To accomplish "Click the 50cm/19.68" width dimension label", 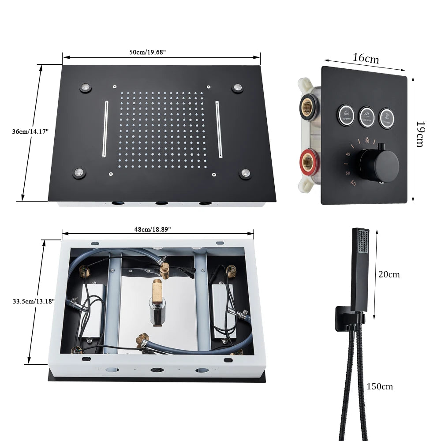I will (147, 52).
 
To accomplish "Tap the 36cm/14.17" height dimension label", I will (30, 131).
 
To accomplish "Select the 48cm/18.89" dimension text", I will (153, 229).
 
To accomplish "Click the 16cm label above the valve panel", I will (366, 58).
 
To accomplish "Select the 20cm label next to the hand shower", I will (389, 274).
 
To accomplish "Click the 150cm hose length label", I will (379, 386).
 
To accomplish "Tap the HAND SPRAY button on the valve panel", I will (366, 116).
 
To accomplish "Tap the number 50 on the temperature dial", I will (348, 174).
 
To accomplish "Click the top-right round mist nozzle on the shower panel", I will (238, 88).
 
